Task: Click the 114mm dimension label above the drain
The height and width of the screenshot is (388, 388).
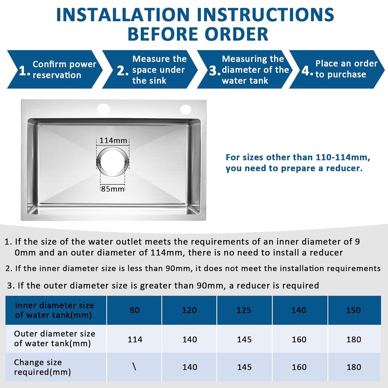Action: (113, 140)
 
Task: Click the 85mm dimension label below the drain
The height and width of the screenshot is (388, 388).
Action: (113, 189)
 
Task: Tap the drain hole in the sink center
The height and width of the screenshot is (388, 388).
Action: (113, 162)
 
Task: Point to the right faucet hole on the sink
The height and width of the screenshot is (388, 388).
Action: (185, 109)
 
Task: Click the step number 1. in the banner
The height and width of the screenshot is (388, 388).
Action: (25, 71)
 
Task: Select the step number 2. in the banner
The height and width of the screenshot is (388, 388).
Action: (123, 71)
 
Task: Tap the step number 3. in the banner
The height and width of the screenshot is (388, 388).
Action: (215, 71)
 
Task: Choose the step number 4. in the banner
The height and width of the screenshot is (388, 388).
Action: (307, 71)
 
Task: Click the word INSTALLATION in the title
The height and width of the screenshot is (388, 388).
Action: (123, 14)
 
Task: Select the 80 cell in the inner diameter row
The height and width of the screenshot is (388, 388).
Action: (135, 310)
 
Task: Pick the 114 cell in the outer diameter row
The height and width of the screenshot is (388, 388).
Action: (135, 339)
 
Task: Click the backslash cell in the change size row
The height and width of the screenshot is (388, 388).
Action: (134, 367)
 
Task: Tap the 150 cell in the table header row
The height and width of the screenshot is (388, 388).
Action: (353, 310)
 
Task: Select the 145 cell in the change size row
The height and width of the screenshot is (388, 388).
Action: (244, 367)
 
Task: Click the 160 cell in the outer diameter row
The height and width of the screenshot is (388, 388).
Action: (299, 339)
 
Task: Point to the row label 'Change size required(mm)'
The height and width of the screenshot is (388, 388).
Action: (42, 367)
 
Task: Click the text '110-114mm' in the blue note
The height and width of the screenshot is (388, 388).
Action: (343, 157)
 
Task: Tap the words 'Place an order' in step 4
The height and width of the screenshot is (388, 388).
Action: (347, 64)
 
